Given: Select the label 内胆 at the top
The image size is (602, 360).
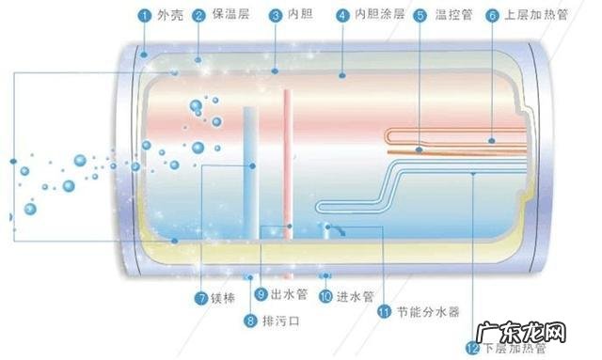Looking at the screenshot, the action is tap(298, 15).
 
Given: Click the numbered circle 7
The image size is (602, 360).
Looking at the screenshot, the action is tap(201, 298).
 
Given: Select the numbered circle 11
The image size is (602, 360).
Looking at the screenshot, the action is tap(383, 310).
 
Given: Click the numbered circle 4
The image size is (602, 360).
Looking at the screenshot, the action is tap(341, 15).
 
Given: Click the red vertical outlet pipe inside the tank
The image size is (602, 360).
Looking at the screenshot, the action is tap(288, 160).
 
